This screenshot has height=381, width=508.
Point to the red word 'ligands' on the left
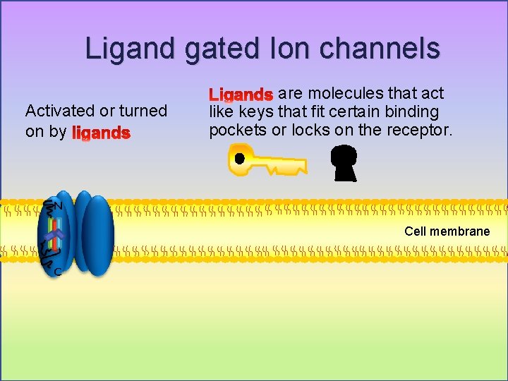click(102, 133)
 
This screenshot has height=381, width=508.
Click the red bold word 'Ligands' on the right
click(240, 94)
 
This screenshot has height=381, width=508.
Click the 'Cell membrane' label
click(447, 231)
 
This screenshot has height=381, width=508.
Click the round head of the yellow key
click(241, 159)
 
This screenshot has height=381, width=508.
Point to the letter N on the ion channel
click(59, 205)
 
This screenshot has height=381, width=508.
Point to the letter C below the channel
click(57, 272)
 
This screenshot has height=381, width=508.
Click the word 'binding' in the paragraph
click(414, 111)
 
